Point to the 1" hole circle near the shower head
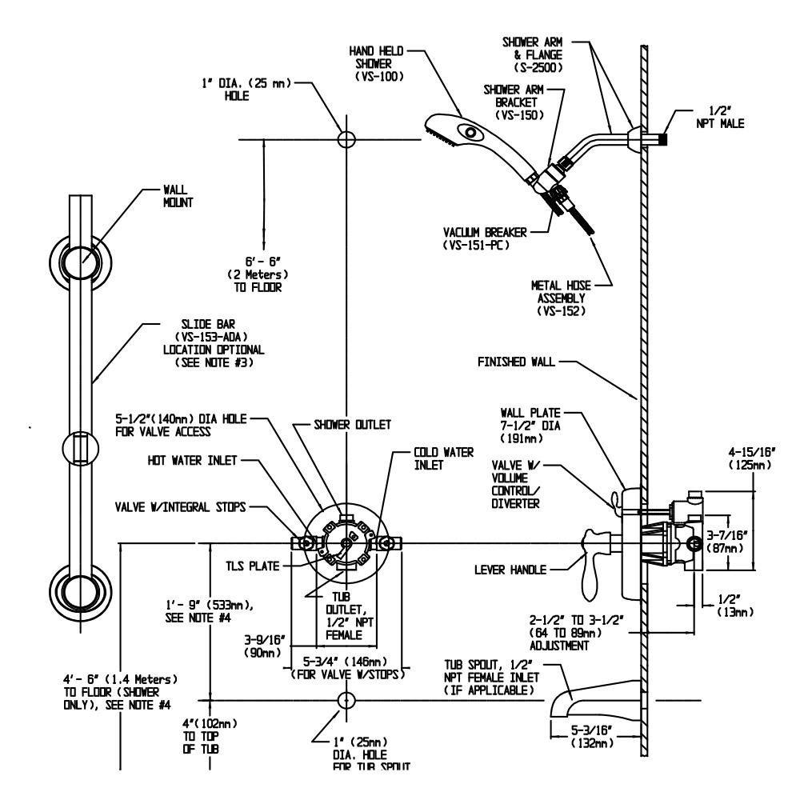pyautogui.click(x=346, y=138)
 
